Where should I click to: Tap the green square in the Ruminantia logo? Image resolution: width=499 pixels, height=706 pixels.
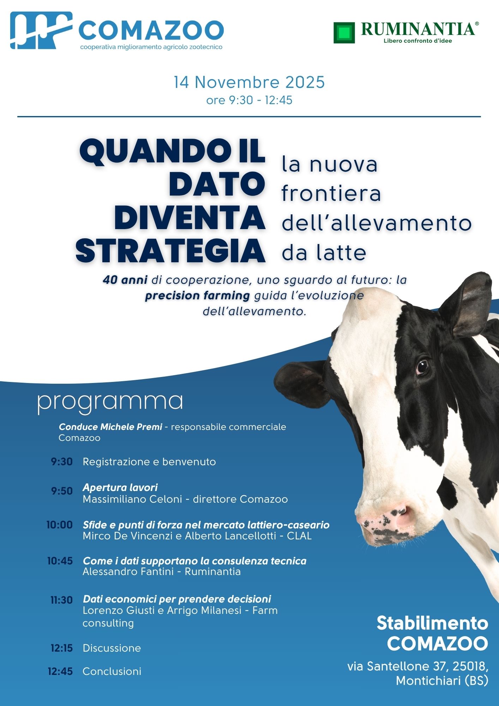[x=344, y=33]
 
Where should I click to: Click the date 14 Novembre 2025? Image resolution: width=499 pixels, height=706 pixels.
[x=249, y=82]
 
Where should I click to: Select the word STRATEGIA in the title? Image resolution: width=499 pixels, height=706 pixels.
[x=170, y=251]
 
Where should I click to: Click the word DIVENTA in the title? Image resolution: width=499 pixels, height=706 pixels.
[x=190, y=218]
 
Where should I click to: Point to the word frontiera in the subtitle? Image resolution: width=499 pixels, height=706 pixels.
[x=331, y=193]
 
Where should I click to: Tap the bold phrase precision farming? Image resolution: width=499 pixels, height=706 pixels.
[x=198, y=295]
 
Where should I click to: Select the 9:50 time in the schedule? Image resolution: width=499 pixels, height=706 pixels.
[x=62, y=491]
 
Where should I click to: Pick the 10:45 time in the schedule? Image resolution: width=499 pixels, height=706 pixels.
[x=60, y=561]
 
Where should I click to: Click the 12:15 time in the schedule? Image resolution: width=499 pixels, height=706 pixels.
[x=62, y=648]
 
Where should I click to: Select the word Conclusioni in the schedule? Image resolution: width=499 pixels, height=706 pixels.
[x=112, y=671]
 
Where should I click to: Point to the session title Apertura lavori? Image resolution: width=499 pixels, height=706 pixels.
[x=120, y=487]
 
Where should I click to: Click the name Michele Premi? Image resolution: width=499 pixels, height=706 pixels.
[x=131, y=427]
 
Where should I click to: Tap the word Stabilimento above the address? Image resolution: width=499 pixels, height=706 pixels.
[x=433, y=623]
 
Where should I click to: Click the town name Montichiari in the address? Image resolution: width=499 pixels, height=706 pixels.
[x=428, y=681]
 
